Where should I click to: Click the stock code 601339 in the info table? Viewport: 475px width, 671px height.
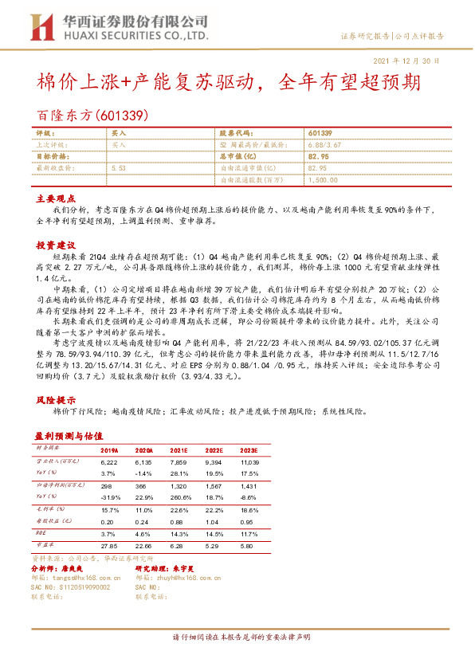320,133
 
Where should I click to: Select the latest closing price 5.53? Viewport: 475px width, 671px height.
120,169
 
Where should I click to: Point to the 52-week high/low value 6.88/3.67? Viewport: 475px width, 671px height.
326,145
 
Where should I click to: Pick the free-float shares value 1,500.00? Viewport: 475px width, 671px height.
321,181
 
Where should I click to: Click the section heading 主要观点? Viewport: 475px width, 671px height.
53,198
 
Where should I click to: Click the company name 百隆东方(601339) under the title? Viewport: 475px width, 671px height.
93,115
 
